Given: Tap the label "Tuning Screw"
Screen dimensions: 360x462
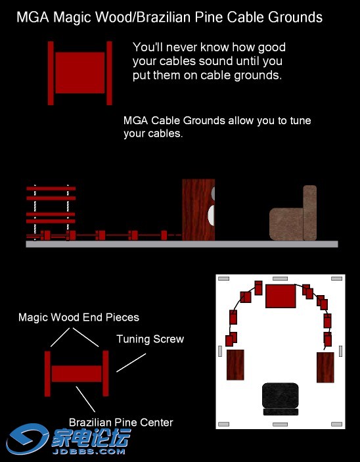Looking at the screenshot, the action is [x=150, y=339].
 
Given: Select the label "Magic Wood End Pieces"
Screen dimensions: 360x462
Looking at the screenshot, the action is [x=79, y=317].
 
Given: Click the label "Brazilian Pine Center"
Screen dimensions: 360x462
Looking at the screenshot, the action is [x=121, y=423].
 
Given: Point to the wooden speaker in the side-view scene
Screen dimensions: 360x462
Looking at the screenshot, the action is [x=198, y=210].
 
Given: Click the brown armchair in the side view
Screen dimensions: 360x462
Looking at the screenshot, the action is [x=293, y=213].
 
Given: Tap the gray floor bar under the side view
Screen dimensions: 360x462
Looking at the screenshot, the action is [x=182, y=244].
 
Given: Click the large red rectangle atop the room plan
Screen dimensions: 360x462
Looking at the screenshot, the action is [x=281, y=296].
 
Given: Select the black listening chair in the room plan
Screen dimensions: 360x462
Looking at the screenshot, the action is [x=280, y=399].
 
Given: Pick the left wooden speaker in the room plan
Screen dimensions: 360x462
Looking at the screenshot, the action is [x=235, y=365].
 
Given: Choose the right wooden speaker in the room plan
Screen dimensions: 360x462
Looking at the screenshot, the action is [x=325, y=367].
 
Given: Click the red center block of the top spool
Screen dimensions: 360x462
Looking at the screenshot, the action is [x=80, y=73].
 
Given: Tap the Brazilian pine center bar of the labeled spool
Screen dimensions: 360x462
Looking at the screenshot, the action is [x=77, y=373].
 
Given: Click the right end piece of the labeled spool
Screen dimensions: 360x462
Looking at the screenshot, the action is [x=106, y=373].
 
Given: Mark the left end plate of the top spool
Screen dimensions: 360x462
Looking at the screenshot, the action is [x=51, y=73].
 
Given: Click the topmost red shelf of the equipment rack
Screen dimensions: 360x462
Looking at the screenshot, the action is [x=51, y=189].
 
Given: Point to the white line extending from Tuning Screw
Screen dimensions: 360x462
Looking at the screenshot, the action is [x=131, y=363].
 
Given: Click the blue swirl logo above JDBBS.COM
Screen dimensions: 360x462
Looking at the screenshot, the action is [x=27, y=438].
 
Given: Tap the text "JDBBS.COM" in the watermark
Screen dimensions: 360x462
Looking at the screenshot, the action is [x=89, y=451].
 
